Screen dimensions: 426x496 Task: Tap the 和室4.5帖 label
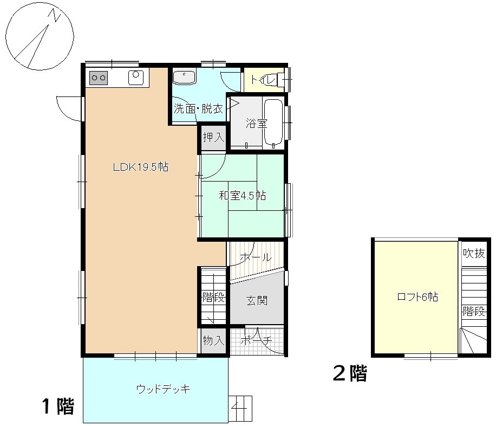(x=242, y=196)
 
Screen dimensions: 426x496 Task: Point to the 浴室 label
(x=257, y=123)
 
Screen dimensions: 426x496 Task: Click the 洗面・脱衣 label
(x=198, y=108)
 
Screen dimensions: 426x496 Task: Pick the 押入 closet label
(x=213, y=138)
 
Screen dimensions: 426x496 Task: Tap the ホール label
(x=254, y=257)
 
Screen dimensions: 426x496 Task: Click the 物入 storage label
(x=213, y=341)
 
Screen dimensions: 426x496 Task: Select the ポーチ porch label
(x=255, y=341)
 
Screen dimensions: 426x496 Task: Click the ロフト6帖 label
(x=417, y=297)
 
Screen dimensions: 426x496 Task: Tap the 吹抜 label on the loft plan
(x=474, y=253)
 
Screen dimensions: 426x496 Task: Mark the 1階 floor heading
(x=58, y=405)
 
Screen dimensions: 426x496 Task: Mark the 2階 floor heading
(x=350, y=373)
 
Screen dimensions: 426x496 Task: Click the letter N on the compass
(x=56, y=17)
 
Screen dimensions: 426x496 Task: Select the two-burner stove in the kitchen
(x=99, y=78)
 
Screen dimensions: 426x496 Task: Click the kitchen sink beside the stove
(x=135, y=78)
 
